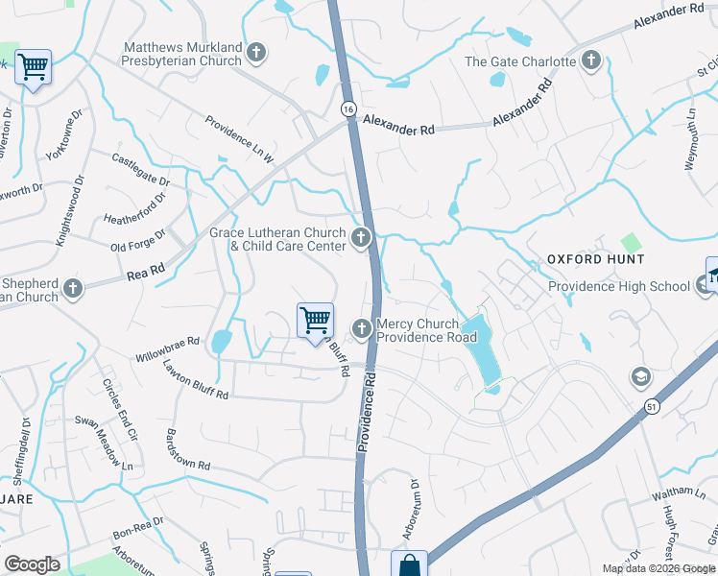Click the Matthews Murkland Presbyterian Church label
[182, 54]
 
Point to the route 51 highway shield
[652, 407]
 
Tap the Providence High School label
[619, 286]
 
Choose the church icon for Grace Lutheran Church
[362, 238]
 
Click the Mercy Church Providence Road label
[426, 331]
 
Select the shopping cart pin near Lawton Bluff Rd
[316, 321]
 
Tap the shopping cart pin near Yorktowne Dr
[34, 67]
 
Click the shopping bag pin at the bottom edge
[410, 564]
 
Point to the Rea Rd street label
[146, 276]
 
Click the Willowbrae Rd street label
[167, 342]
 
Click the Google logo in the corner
[32, 564]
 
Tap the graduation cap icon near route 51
[640, 376]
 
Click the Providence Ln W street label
[239, 138]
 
